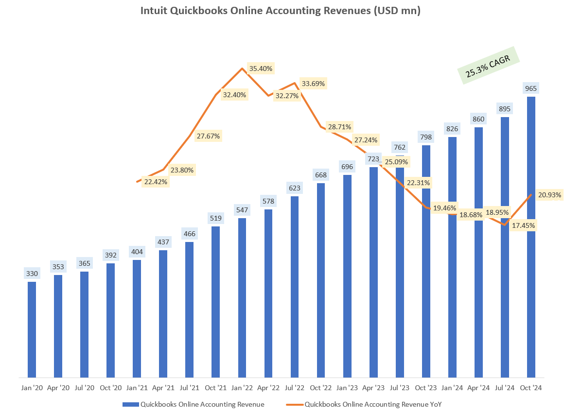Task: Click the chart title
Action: pyautogui.click(x=281, y=11)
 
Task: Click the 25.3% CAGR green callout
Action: pyautogui.click(x=488, y=66)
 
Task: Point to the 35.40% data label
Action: pyautogui.click(x=261, y=68)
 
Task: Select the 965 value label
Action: pyautogui.click(x=531, y=88)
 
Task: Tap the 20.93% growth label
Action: pyautogui.click(x=550, y=195)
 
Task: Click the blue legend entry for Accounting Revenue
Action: pyautogui.click(x=195, y=404)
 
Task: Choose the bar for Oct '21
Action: pyautogui.click(x=215, y=301)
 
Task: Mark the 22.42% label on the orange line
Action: pyautogui.click(x=156, y=182)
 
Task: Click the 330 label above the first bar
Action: pyautogui.click(x=32, y=274)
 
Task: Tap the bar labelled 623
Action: pyautogui.click(x=294, y=287)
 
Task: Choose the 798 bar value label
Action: pyautogui.click(x=426, y=137)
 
